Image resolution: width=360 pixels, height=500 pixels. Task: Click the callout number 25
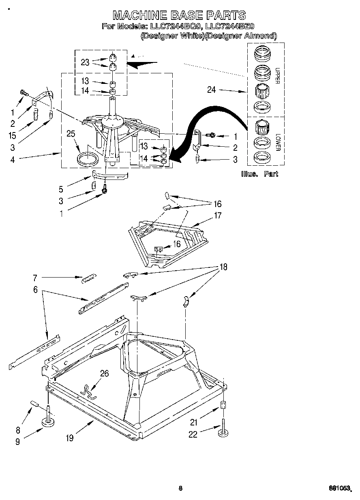71,134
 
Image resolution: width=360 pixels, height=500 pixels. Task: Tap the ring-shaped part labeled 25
88,158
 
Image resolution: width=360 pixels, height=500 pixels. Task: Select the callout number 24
212,90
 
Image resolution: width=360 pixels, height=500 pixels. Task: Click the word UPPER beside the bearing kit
277,75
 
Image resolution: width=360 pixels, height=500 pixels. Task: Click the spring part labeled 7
88,279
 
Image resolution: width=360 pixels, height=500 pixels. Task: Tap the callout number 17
218,215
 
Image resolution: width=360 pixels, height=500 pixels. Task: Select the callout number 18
223,267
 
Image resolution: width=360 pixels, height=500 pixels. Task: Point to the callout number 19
70,438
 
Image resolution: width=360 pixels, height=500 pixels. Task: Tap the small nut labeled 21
223,406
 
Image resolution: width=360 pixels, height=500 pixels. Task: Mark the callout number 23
85,62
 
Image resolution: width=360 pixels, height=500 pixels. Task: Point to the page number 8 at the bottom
180,488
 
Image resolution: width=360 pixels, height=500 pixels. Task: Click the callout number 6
35,290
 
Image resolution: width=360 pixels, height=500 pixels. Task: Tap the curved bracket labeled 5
109,174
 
